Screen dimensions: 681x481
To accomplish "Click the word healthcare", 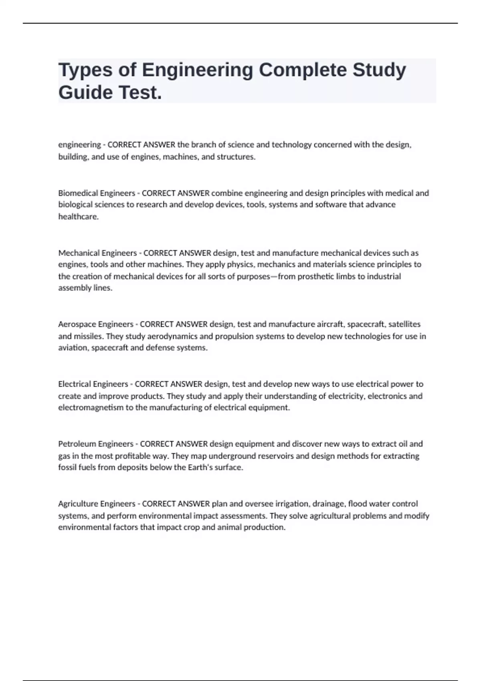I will [78, 217].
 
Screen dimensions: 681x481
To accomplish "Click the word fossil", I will [67, 467].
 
